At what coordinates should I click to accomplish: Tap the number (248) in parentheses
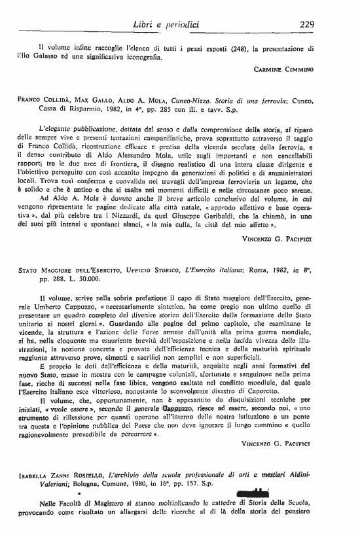240,48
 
